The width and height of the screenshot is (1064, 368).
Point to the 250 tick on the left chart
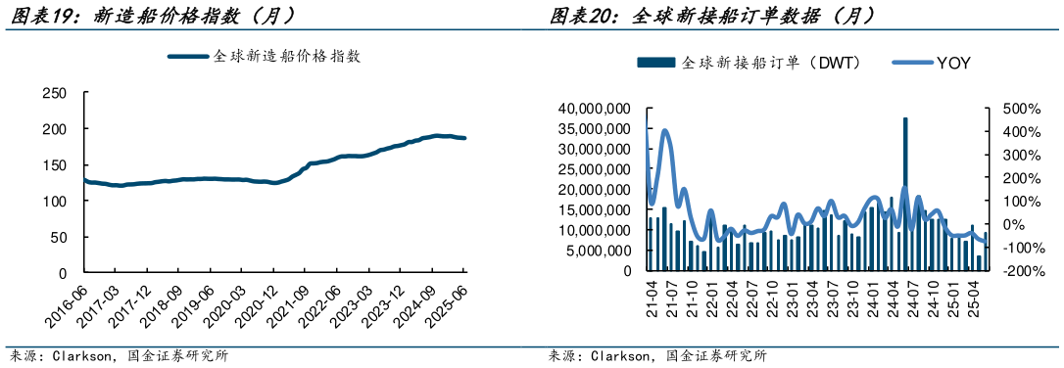pyautogui.click(x=55, y=93)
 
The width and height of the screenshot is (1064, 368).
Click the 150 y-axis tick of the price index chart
pyautogui.click(x=55, y=164)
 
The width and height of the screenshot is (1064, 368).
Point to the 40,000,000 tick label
pyautogui.click(x=594, y=108)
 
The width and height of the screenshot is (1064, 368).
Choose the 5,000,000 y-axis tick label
pyautogui.click(x=598, y=251)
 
